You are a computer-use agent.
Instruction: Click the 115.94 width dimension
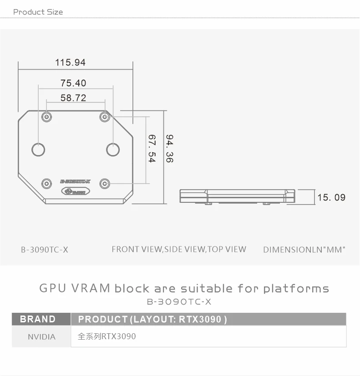pos(70,62)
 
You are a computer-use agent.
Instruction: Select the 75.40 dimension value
pos(73,83)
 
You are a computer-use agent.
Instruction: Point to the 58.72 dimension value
pos(73,98)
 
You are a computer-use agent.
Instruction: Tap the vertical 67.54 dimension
pos(152,148)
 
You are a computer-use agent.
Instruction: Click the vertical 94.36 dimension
pos(169,148)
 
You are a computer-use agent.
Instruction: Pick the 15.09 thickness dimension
pos(331,197)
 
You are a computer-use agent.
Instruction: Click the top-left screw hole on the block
pos(46,116)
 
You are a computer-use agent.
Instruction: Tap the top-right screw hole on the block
pos(105,116)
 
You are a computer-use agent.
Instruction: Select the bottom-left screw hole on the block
pos(46,183)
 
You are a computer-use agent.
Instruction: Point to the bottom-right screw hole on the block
pos(105,183)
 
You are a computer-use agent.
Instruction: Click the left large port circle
pos(38,149)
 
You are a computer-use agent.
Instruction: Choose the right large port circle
pos(113,149)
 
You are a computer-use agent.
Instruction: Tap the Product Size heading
pos(38,12)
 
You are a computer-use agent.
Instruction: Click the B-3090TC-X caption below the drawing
pos(45,250)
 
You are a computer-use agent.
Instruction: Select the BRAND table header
pos(38,319)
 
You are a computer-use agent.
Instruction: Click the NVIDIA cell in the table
pos(41,337)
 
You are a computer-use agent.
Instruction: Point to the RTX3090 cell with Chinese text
pos(107,336)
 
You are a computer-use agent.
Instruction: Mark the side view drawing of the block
pos(237,196)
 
